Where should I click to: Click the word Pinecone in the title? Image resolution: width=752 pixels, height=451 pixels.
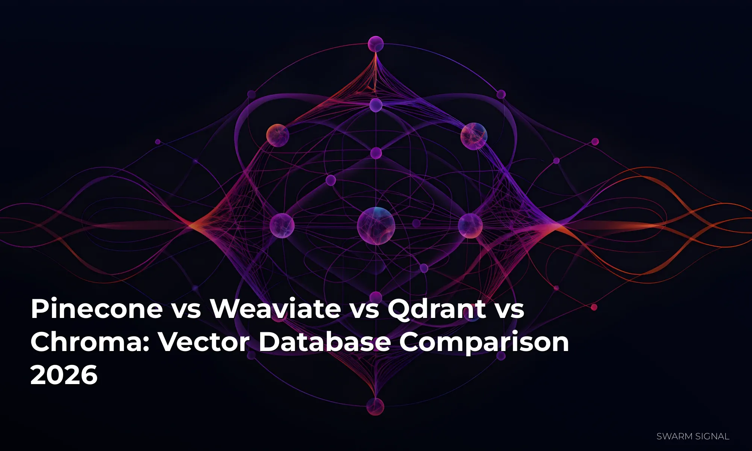pos(97,309)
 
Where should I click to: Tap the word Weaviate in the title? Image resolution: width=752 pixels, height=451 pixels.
pos(275,309)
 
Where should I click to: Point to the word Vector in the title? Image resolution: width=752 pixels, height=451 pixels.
pos(203,342)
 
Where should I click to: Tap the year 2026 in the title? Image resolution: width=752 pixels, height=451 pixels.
pos(64,375)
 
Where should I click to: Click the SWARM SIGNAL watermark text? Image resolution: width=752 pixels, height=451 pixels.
pos(693,436)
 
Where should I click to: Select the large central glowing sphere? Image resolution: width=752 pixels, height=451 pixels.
pos(376,226)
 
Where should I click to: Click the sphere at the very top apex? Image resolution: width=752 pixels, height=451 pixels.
pos(376,44)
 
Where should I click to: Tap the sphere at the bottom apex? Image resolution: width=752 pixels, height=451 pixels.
pos(375,407)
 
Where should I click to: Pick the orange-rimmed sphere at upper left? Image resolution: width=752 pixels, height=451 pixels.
pos(277,135)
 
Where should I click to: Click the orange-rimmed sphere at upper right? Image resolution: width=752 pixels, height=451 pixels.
pos(474,136)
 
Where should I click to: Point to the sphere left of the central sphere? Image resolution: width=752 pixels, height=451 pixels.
pos(282,225)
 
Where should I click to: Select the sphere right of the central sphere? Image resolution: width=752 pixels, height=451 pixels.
pos(470,225)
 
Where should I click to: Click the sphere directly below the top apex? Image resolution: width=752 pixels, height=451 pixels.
pos(376,105)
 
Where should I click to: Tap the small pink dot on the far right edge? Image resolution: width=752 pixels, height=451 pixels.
pos(595,142)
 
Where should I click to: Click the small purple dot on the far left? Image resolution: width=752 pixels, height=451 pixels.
pos(158,142)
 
